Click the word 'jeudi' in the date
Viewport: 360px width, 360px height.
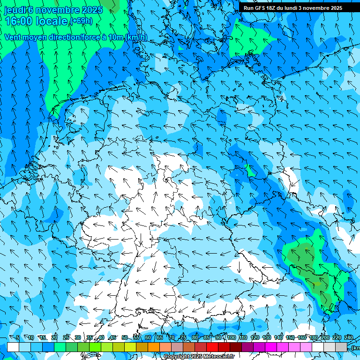(15, 10)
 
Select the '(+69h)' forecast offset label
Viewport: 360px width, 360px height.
(81, 21)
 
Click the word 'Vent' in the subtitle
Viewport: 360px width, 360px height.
(13, 37)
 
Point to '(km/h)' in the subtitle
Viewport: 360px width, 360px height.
(136, 37)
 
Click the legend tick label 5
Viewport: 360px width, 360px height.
(18, 337)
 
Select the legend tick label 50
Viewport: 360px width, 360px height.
(125, 337)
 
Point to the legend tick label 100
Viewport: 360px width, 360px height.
(232, 337)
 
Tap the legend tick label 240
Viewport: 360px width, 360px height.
(349, 337)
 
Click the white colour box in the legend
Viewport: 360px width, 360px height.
(13, 347)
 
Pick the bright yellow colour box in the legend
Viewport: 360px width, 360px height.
(130, 347)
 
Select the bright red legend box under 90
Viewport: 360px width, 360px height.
(212, 347)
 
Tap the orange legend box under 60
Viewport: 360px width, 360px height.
(154, 347)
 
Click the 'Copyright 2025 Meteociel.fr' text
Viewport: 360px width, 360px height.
(200, 356)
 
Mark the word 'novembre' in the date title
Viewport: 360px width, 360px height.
(57, 10)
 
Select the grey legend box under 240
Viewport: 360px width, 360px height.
(341, 347)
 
